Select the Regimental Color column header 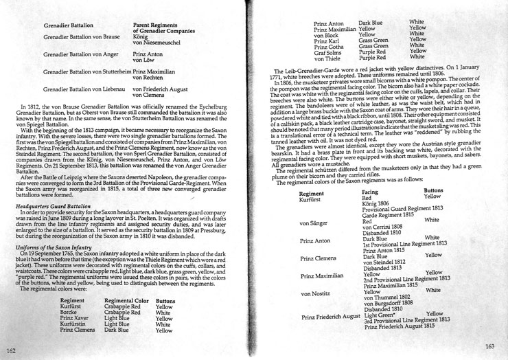pyautogui.click(x=128, y=300)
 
